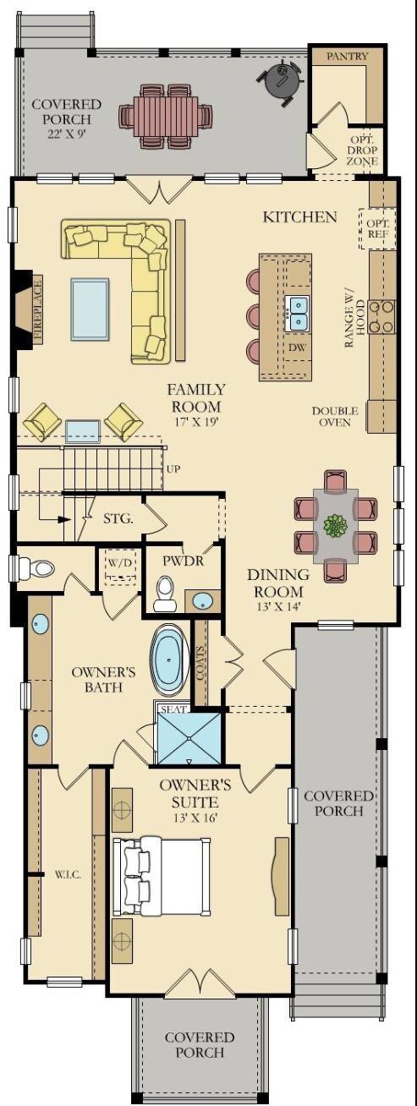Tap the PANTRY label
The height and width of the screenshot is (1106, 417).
[x=348, y=57]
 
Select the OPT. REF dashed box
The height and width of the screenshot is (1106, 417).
[x=378, y=229]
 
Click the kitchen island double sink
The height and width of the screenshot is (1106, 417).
[x=298, y=314]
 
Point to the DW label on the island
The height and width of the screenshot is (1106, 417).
[x=297, y=348]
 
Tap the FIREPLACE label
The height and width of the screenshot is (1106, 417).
[x=38, y=310]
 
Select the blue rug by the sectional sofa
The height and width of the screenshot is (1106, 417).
[x=90, y=309]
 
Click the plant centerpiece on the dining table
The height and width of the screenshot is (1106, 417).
[x=336, y=525]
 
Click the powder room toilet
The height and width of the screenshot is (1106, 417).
[x=163, y=595]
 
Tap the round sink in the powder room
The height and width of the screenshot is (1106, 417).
[x=202, y=601]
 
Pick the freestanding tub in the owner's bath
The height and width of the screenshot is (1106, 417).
[x=169, y=660]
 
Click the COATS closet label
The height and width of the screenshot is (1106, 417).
[x=200, y=663]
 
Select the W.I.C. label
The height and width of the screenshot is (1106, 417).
[x=68, y=875]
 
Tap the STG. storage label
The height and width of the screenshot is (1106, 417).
[x=118, y=519]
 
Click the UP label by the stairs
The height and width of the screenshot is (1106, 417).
[x=173, y=468]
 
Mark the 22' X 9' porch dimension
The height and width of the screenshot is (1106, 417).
[x=67, y=134]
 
